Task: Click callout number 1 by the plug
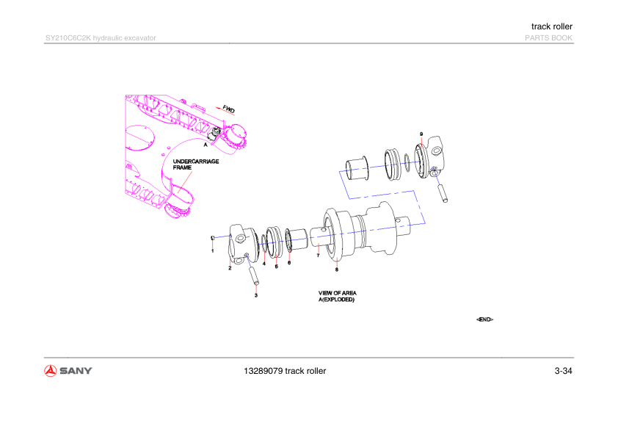point(213,251)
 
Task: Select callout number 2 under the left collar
point(230,268)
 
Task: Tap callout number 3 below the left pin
point(256,295)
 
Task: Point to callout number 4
point(264,264)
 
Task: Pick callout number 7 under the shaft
point(318,256)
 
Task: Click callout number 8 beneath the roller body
point(337,270)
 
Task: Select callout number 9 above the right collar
point(421,134)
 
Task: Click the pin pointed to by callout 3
point(253,275)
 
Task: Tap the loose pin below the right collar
point(442,193)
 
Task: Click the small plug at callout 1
point(213,238)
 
